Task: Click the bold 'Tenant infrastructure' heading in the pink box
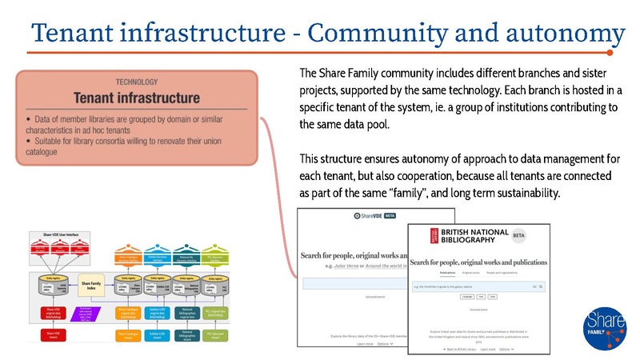(137, 98)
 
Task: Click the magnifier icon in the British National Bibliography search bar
(542, 285)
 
